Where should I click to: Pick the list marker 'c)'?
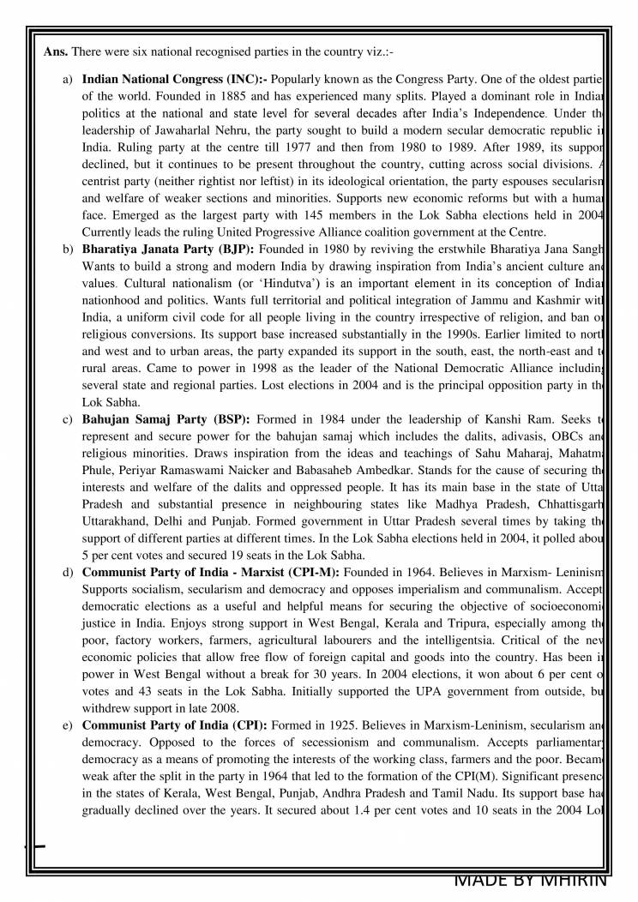point(68,420)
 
